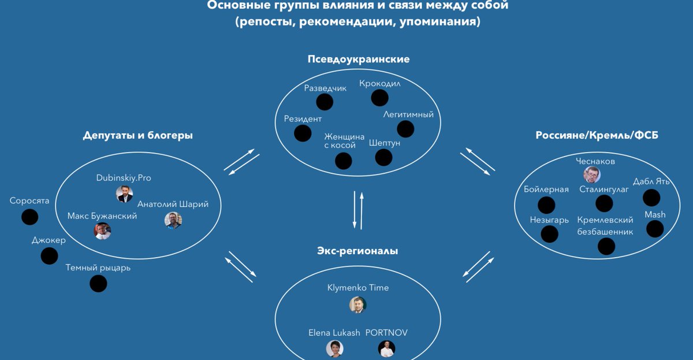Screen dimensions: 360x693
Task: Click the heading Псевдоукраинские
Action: point(359,60)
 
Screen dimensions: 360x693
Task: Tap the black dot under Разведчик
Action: point(325,102)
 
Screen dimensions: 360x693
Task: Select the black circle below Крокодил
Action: point(379,98)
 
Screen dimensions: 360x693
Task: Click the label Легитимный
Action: point(408,114)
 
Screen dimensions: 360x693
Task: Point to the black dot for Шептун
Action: point(383,157)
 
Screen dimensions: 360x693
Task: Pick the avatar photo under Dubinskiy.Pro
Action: point(124,194)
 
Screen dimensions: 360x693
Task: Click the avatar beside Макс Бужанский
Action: point(103,231)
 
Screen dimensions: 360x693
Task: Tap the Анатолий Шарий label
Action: point(173,204)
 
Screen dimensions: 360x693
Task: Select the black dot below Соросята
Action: point(29,217)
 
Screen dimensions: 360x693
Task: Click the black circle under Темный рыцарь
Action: point(98,283)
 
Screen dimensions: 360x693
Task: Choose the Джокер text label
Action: point(49,240)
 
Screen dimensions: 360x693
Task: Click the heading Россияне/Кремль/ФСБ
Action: point(597,136)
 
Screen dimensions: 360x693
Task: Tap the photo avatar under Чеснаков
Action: point(591,175)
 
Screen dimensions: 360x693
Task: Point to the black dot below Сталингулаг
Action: point(604,203)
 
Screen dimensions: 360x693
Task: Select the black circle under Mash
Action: point(655,229)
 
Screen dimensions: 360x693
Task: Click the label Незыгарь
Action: point(549,220)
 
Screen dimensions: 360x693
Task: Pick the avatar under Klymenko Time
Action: point(357,305)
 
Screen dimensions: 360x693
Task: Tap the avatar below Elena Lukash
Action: point(334,348)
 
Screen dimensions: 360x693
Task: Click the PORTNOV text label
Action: point(387,333)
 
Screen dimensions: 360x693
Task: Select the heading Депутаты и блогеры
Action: point(137,135)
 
